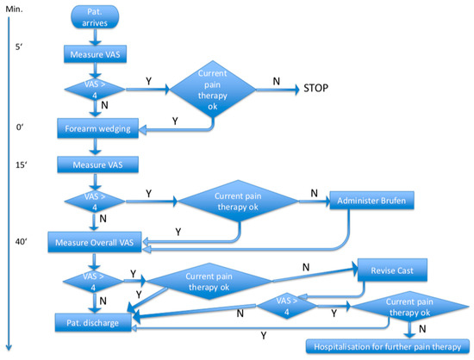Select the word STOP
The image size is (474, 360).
click(317, 89)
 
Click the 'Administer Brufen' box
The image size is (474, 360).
click(371, 201)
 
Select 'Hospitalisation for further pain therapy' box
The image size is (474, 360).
click(384, 345)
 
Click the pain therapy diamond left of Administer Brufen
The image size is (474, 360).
click(239, 202)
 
